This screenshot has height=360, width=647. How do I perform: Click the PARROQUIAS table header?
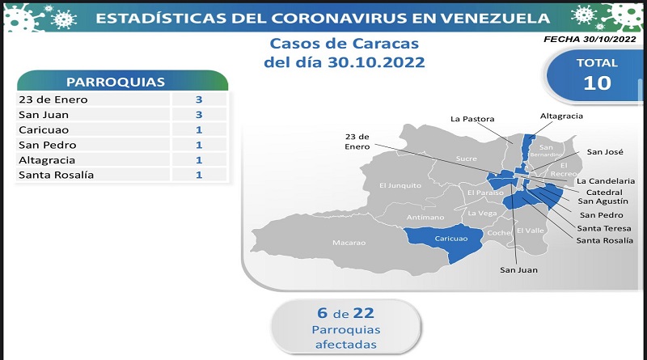click(x=116, y=83)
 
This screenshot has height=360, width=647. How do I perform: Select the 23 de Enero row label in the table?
click(x=53, y=100)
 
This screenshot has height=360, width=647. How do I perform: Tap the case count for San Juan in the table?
click(x=199, y=115)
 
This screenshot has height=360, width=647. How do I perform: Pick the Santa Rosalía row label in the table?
click(x=56, y=175)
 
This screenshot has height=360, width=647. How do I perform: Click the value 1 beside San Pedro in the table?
click(x=199, y=145)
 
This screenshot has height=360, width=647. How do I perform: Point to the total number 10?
click(x=597, y=83)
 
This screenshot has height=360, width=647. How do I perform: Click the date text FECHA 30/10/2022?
click(x=590, y=39)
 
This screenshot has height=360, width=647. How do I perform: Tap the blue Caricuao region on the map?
click(x=446, y=243)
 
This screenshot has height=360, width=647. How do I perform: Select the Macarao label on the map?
click(x=349, y=243)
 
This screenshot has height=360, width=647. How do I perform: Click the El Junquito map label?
click(x=400, y=186)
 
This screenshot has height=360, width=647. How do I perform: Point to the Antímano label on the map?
click(x=425, y=217)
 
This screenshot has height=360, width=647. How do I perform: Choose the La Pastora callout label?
click(x=472, y=119)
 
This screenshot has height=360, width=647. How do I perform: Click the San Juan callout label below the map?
click(x=518, y=270)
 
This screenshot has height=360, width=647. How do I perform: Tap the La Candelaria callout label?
click(x=606, y=181)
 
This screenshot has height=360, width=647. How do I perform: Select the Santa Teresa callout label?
click(x=604, y=228)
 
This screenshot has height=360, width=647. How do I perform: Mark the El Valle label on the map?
click(x=531, y=231)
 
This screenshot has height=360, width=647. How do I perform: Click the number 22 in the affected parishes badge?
click(x=363, y=313)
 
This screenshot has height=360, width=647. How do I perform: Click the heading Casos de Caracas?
click(x=345, y=44)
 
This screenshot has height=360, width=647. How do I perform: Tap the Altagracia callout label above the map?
click(x=561, y=116)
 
